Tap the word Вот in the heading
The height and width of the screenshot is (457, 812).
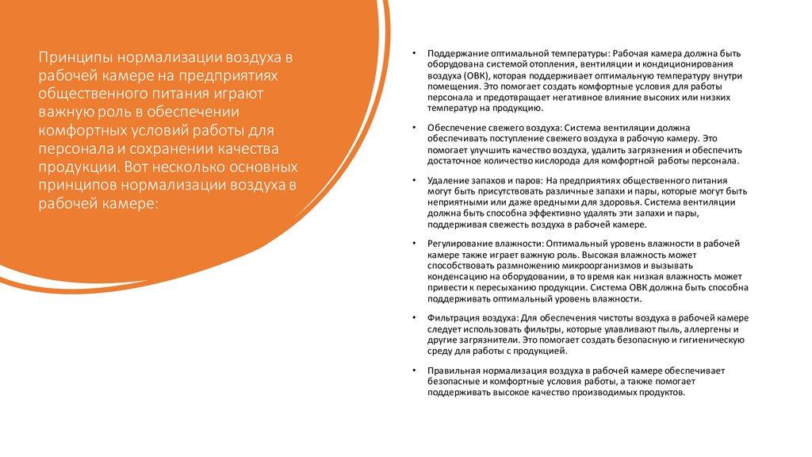pos(138,168)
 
